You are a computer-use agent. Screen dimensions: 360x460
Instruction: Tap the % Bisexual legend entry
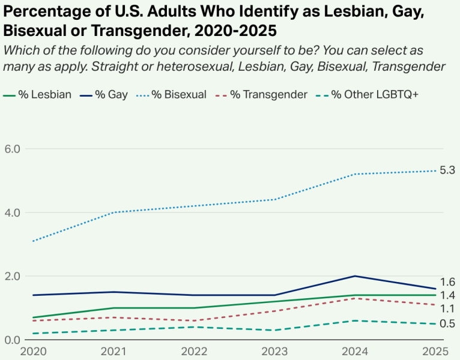(174, 94)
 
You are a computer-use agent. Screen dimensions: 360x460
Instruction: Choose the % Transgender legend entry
(265, 94)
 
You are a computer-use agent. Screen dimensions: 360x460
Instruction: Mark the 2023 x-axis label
(273, 350)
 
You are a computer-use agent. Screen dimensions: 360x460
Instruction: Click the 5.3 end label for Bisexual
(447, 170)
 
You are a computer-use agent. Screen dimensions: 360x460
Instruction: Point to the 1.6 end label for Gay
(447, 282)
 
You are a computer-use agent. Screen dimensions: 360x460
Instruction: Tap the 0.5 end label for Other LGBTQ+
(447, 324)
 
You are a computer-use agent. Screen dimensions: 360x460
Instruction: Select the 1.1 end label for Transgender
(447, 309)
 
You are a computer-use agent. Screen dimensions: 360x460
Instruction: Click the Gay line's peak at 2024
(354, 276)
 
